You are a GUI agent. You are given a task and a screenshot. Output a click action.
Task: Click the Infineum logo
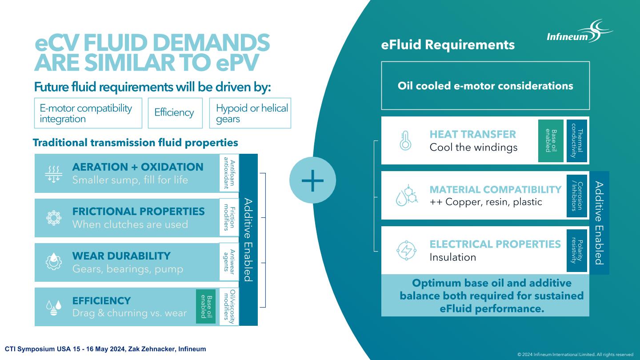[580, 32]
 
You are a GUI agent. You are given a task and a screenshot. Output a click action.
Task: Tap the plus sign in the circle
[312, 180]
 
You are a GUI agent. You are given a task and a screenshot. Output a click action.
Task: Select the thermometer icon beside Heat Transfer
[405, 140]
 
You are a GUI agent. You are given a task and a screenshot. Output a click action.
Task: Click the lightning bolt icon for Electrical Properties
[406, 251]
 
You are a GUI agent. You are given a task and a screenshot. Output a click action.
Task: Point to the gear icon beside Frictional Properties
[54, 218]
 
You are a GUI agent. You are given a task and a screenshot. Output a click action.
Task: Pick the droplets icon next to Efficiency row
[54, 308]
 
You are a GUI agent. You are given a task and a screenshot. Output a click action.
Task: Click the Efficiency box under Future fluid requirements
[175, 113]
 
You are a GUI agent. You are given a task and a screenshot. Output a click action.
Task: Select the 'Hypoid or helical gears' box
[250, 113]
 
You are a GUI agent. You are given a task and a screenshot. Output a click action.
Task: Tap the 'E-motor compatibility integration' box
[88, 113]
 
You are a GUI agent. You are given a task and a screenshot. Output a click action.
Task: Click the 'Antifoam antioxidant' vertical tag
[229, 173]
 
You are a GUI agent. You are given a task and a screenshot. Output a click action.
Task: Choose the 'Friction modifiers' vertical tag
[229, 217]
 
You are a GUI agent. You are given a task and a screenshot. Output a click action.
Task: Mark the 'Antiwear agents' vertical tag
[229, 262]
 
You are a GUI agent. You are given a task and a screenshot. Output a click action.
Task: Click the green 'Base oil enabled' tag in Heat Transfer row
[551, 140]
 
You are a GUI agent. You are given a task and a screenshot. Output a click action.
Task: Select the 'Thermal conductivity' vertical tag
[577, 140]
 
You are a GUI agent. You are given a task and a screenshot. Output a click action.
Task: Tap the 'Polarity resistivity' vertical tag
[577, 251]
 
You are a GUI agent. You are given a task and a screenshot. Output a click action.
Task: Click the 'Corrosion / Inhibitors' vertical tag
[577, 196]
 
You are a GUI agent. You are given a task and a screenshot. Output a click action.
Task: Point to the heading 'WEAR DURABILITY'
[121, 256]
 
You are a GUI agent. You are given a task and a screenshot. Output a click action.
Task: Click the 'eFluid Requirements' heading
[448, 45]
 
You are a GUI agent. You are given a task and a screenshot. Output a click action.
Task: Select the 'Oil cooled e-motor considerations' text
[485, 86]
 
